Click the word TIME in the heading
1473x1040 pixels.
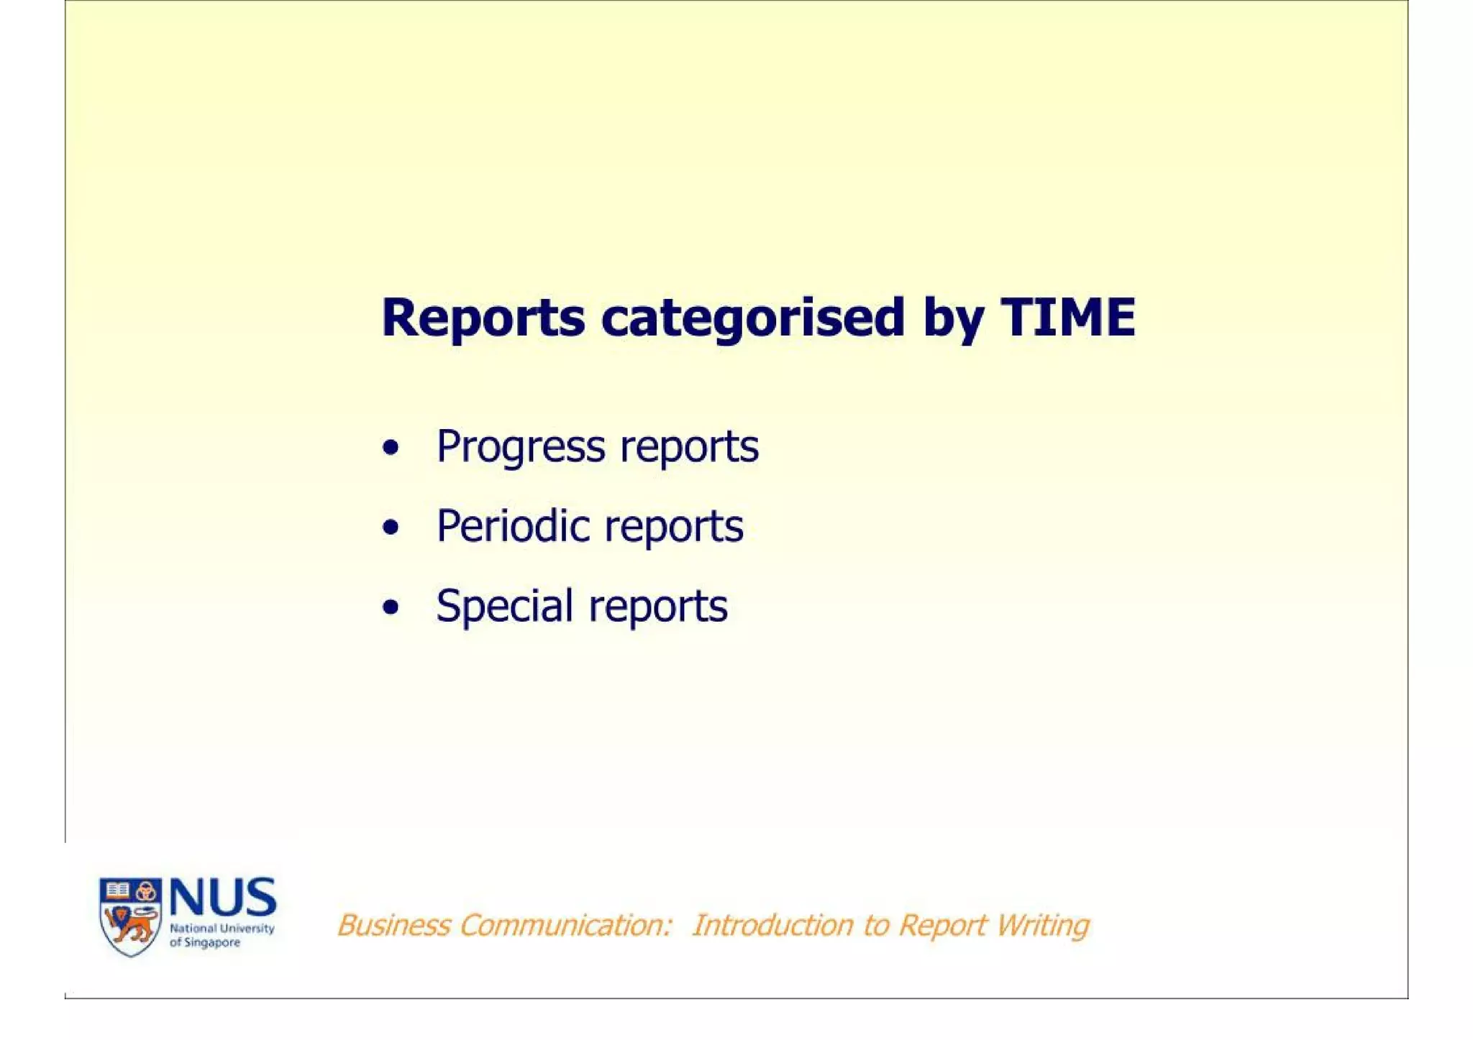tap(1067, 317)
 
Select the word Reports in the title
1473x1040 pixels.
tap(483, 318)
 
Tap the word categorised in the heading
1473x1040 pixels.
tap(752, 318)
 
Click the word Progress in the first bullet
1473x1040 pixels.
tap(521, 447)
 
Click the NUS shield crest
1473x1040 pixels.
tap(130, 916)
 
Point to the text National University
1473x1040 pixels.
tap(222, 929)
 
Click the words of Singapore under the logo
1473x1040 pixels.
tap(205, 942)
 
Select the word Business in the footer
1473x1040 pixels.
tap(393, 925)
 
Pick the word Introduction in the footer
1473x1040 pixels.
tap(772, 925)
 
